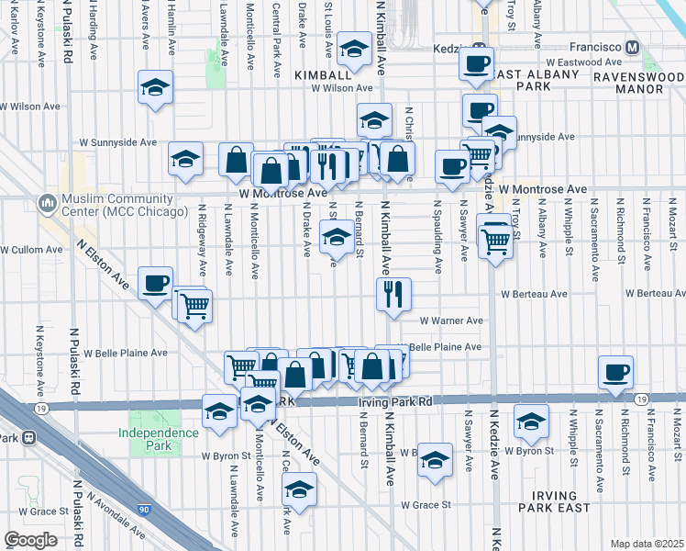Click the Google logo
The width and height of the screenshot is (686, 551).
30,540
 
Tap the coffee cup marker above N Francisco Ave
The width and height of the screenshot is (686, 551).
616,372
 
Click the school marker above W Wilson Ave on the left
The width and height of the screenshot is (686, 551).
156,88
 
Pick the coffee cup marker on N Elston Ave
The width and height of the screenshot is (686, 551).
155,281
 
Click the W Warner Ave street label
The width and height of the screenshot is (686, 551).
451,320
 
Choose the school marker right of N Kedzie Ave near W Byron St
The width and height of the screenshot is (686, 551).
531,421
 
